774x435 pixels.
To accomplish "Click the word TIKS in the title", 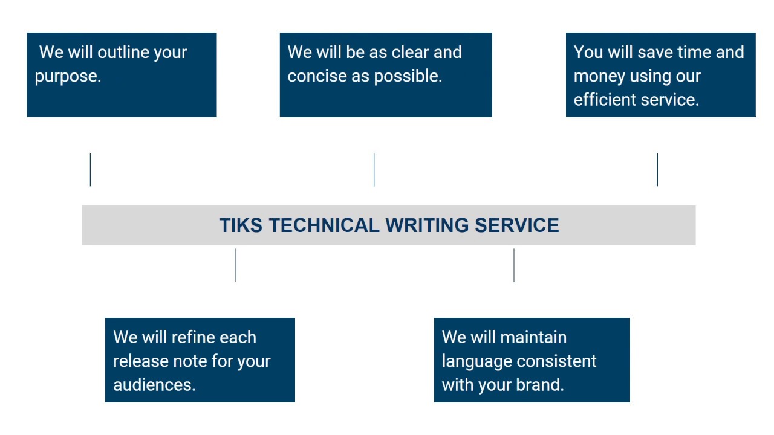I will click(x=241, y=225).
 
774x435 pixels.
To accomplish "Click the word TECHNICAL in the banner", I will click(x=324, y=225).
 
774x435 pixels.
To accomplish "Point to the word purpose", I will click(x=68, y=77).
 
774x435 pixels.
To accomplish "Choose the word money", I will click(x=599, y=77).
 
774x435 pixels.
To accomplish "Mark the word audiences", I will click(x=154, y=385).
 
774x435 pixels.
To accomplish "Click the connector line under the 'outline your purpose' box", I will click(x=90, y=170).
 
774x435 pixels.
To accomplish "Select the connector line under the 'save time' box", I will click(x=657, y=170).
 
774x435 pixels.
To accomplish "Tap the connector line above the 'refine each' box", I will click(x=236, y=265).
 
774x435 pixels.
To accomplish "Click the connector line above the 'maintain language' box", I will click(x=514, y=265).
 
